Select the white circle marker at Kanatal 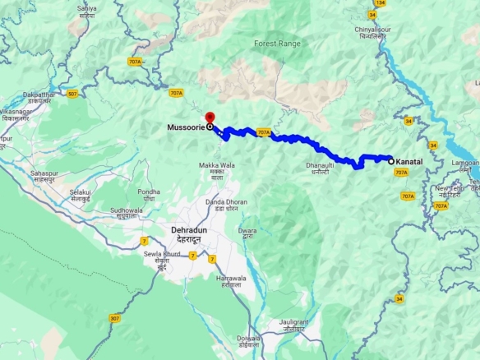coord(391,161)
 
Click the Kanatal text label coord(408,162)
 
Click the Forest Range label coord(277,43)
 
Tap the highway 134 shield coord(381,2)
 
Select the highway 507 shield coord(73,93)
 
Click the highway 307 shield coord(114,318)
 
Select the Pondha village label coord(148,195)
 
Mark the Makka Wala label coord(216,170)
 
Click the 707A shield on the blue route coord(263,132)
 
